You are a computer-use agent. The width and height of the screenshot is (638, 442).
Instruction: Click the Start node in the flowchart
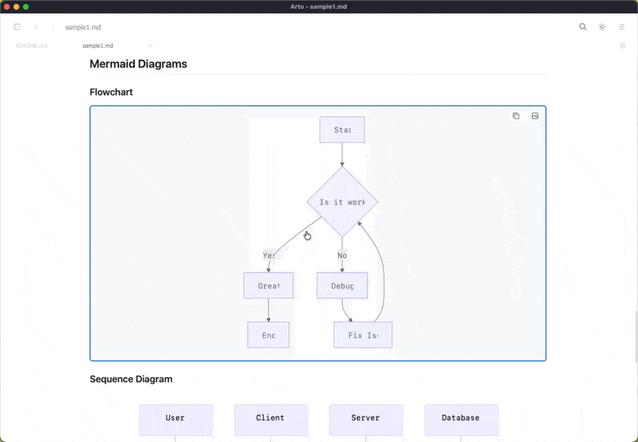click(342, 130)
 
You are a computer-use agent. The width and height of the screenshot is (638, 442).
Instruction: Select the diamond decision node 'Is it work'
click(342, 202)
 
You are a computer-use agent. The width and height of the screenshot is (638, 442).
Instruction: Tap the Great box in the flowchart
click(268, 286)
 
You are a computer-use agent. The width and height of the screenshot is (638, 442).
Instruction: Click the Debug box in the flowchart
click(342, 286)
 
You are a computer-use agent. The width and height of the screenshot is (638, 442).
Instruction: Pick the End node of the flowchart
click(268, 335)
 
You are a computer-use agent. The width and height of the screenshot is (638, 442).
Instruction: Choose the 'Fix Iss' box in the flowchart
click(363, 335)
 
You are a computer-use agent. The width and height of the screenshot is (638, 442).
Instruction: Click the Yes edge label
click(269, 255)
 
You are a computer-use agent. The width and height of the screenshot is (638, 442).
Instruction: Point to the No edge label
click(342, 255)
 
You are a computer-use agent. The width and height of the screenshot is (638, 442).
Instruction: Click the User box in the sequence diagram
click(175, 418)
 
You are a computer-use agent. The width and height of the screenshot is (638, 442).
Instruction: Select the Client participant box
click(270, 418)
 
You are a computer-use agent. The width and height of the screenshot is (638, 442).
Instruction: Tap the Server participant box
click(365, 418)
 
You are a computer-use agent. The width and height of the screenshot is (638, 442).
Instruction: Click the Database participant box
click(461, 418)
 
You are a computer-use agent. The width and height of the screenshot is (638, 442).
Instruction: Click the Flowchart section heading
click(111, 92)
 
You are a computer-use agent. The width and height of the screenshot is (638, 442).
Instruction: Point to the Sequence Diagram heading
click(131, 379)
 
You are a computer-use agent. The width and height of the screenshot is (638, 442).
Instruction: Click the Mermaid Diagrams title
click(138, 64)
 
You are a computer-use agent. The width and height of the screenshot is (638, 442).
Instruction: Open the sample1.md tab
click(97, 45)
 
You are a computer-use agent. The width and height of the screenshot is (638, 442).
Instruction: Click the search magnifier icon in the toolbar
click(583, 27)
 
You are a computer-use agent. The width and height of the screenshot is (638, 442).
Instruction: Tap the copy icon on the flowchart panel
click(516, 116)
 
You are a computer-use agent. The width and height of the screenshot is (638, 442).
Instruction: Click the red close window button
click(6, 6)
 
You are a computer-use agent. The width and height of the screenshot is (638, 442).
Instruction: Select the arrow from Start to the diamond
click(342, 154)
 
